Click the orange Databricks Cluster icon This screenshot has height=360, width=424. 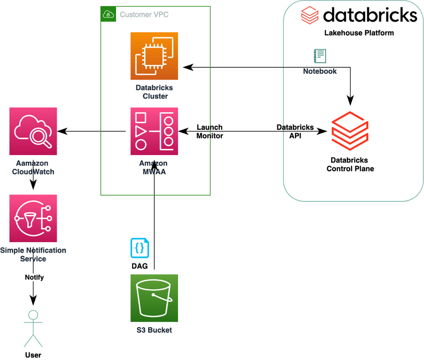tap(154, 56)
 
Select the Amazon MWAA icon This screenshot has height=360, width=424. tap(154, 131)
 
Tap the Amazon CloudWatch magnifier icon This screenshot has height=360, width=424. tap(33, 131)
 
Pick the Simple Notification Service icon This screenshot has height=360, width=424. tap(33, 218)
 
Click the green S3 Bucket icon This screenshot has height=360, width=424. tap(154, 298)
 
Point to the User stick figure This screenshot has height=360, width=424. tap(33, 329)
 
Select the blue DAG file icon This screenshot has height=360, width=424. tap(140, 248)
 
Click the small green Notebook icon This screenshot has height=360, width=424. tap(320, 56)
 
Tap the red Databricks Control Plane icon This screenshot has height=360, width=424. tap(350, 131)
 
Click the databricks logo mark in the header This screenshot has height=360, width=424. tap(310, 15)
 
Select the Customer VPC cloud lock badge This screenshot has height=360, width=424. tap(108, 14)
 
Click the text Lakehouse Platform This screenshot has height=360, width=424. tap(359, 33)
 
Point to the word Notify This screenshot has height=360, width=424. tap(34, 277)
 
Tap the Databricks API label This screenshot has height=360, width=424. tap(295, 131)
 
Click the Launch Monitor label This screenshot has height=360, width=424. tap(210, 131)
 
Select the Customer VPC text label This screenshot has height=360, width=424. tap(144, 14)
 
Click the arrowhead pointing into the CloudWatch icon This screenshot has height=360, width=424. tap(62, 132)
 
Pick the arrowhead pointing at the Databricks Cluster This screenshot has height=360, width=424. tap(188, 67)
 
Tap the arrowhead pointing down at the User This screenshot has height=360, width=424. tap(33, 301)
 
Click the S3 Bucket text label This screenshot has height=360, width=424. tap(154, 330)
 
